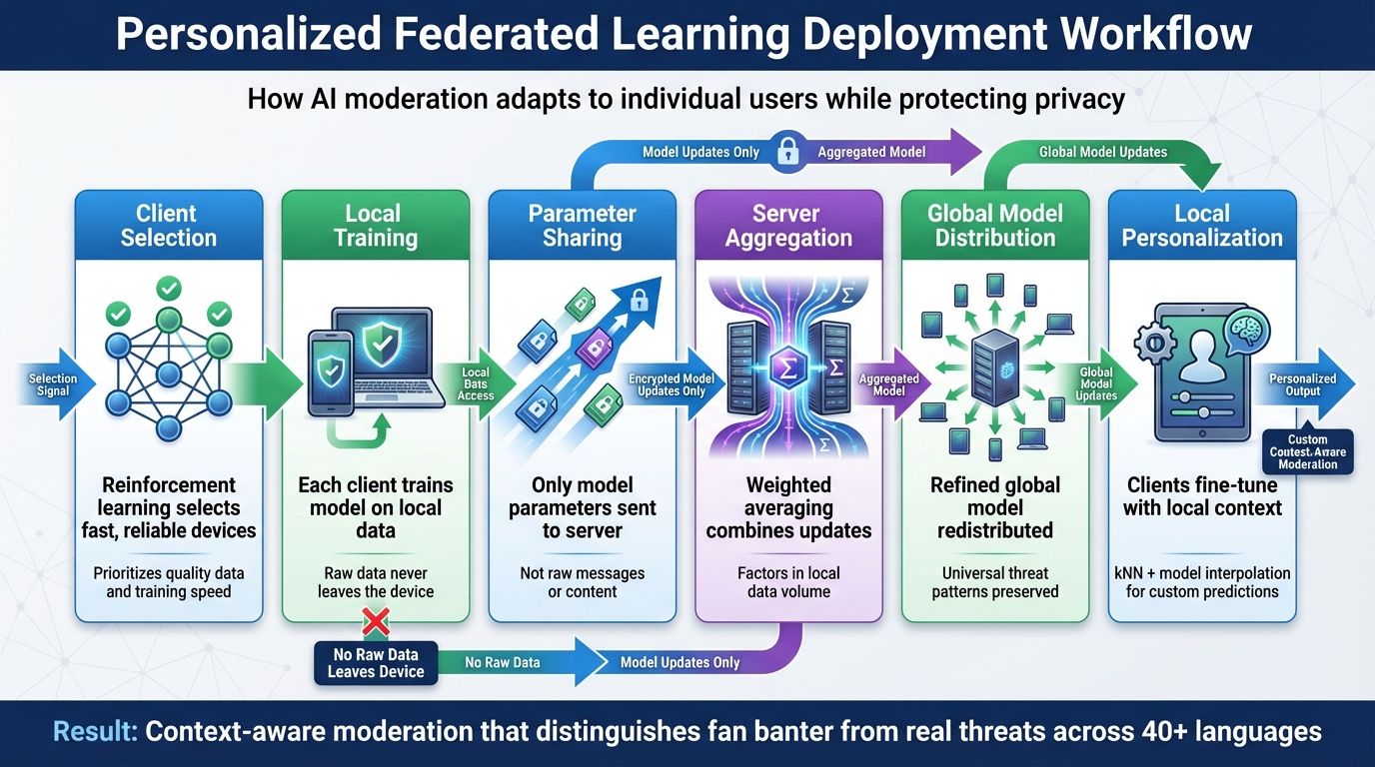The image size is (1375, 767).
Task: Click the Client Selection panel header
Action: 168,226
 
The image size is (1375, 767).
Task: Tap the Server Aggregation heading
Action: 788,226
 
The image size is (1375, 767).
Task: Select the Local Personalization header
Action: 1202,226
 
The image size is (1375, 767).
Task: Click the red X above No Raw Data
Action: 376,625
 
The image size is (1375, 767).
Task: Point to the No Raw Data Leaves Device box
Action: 376,663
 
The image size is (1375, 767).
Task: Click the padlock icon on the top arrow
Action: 788,152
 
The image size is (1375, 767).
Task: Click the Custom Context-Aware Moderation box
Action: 1307,451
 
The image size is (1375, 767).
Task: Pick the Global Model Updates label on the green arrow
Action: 1102,152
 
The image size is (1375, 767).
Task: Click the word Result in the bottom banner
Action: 96,732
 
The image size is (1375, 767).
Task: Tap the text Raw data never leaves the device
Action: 376,582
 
